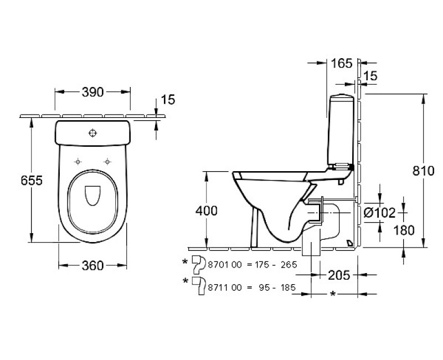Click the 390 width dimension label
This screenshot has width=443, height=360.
point(92,92)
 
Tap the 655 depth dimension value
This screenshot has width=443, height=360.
point(32,181)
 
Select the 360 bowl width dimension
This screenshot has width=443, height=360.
point(92,266)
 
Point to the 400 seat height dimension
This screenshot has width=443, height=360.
point(207,211)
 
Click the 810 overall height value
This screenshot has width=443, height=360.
point(424,171)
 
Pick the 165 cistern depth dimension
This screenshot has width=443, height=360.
point(342,63)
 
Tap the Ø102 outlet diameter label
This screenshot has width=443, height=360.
point(379,213)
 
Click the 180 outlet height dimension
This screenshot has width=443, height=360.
point(404,230)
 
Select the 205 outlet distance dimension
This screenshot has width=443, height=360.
point(339,275)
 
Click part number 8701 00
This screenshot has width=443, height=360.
point(225,265)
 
